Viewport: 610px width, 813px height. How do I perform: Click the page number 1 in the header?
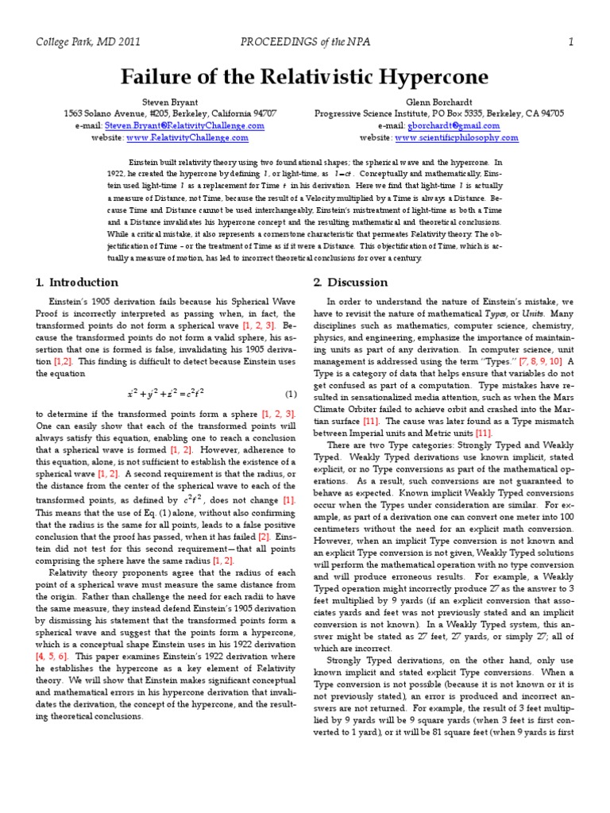pos(570,42)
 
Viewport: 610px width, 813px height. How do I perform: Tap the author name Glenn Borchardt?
pos(438,102)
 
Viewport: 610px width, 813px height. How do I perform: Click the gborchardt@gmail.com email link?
pos(454,125)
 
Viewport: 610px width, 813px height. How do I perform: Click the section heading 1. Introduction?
pos(77,282)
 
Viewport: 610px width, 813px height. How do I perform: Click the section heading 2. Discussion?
pos(350,282)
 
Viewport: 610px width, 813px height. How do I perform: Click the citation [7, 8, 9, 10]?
pos(518,361)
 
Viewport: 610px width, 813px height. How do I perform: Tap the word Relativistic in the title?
pos(296,77)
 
